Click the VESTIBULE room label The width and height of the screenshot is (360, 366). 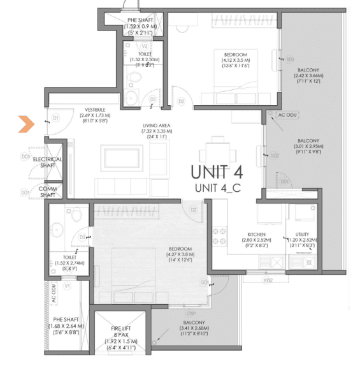click(x=93, y=110)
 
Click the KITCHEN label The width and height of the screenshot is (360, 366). click(x=256, y=235)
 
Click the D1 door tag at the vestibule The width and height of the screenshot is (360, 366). click(x=55, y=118)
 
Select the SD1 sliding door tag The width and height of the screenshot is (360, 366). click(x=285, y=182)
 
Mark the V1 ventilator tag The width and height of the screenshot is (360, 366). click(x=68, y=286)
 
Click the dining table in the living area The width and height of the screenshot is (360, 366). click(x=215, y=155)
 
